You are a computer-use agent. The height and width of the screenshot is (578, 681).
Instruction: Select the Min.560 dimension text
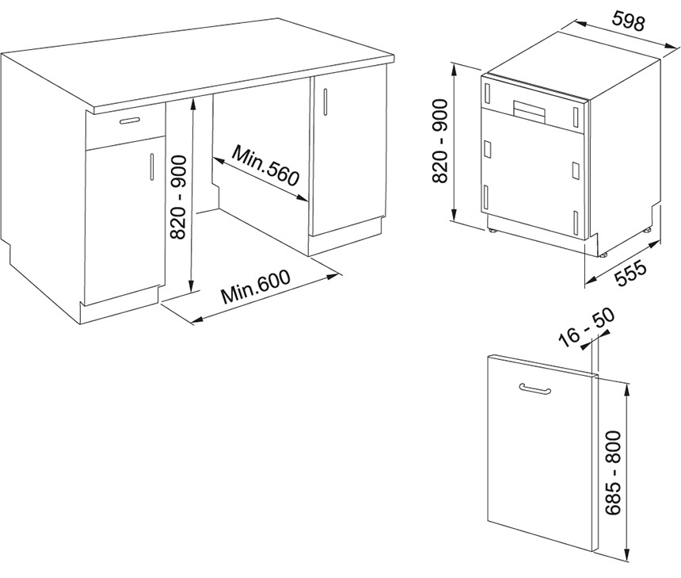[266, 166]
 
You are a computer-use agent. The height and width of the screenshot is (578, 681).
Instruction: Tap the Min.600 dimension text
[255, 287]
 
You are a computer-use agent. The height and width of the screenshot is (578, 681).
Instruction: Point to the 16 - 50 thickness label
[588, 327]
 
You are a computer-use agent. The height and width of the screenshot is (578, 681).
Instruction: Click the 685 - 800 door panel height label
[613, 473]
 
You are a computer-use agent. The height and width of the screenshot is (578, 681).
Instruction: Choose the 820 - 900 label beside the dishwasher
[440, 141]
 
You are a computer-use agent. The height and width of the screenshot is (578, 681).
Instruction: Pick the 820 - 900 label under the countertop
[178, 197]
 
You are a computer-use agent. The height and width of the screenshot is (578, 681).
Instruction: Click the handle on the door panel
[535, 389]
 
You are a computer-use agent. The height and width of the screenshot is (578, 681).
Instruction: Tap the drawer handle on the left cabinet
[129, 121]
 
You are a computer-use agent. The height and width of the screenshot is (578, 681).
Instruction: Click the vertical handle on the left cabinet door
[151, 167]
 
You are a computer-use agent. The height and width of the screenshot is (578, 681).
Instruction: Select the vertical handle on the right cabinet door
[325, 101]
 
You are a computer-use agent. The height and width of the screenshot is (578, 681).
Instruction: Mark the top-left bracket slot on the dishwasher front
[487, 93]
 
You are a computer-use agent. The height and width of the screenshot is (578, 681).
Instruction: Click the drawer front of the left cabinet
[126, 126]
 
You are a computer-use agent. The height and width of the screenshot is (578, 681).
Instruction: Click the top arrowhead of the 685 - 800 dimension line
[626, 389]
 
